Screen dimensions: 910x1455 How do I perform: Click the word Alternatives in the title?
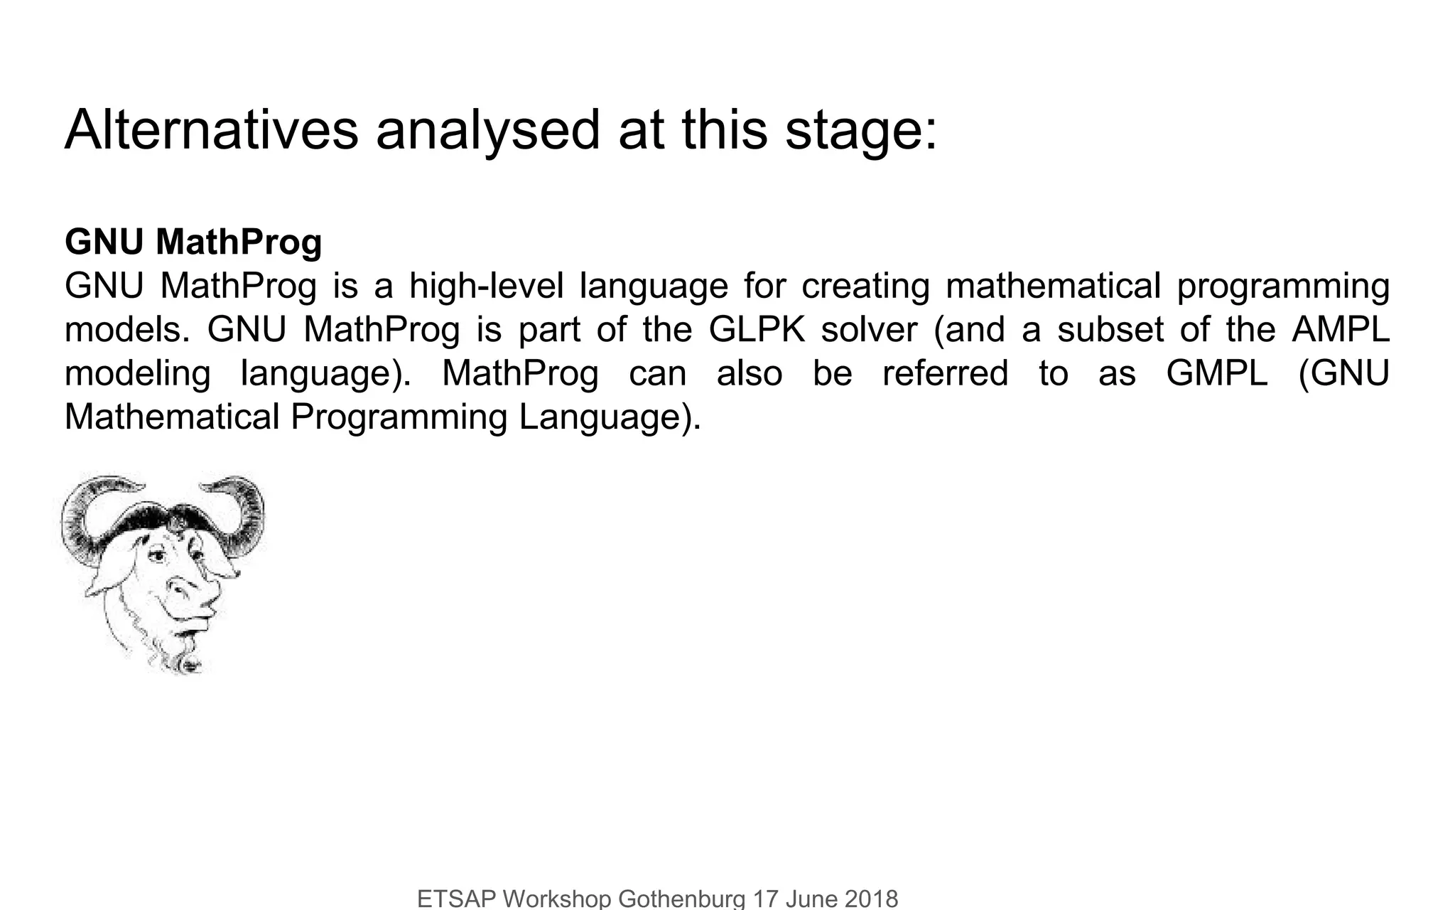(x=211, y=130)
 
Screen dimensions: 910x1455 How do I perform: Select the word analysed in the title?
(x=488, y=130)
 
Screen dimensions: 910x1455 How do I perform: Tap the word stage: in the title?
(x=861, y=130)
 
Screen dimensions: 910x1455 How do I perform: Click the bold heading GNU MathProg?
(x=193, y=242)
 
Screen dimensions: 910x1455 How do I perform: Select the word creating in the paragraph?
(x=865, y=287)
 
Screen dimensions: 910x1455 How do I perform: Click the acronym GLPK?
(x=757, y=330)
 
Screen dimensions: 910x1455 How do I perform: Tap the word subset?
(x=1111, y=330)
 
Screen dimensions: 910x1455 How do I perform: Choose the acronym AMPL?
(x=1341, y=330)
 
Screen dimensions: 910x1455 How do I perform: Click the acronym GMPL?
(x=1217, y=374)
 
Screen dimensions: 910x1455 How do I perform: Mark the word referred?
(x=945, y=374)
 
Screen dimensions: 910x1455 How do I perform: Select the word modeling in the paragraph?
(x=137, y=374)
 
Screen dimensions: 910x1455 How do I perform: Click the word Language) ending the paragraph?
(x=610, y=418)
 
